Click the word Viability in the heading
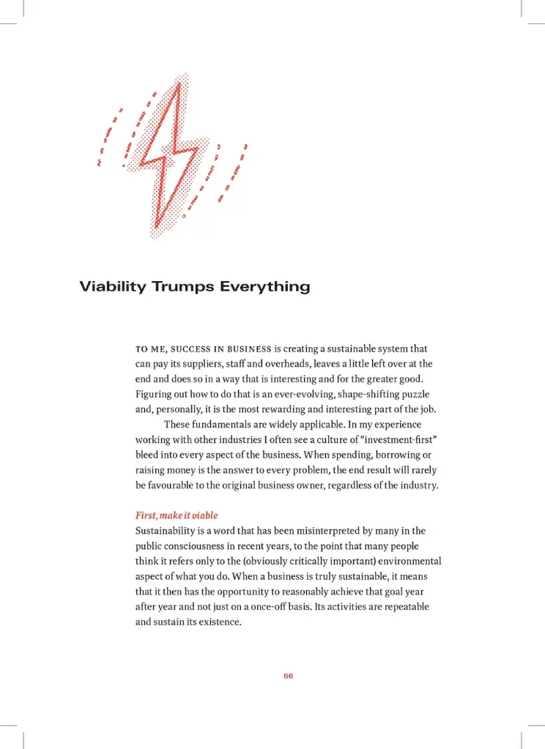pyautogui.click(x=113, y=286)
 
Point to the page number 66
pyautogui.click(x=288, y=676)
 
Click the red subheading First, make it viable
pyautogui.click(x=177, y=515)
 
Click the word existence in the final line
pyautogui.click(x=218, y=622)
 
